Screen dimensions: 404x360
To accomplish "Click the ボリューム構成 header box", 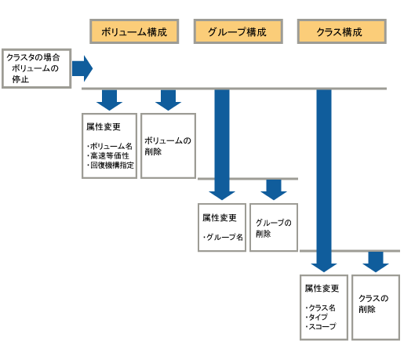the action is pyautogui.click(x=134, y=31).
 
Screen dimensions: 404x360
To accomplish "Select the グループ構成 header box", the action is pyautogui.click(x=238, y=31).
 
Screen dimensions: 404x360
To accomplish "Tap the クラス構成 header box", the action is pyautogui.click(x=342, y=31).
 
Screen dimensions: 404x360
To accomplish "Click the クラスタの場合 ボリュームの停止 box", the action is pyautogui.click(x=37, y=68).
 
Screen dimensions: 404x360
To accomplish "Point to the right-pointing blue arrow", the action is pyautogui.click(x=82, y=68).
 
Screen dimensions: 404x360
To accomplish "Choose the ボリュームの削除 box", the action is pyautogui.click(x=168, y=146).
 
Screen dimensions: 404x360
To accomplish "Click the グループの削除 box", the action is pyautogui.click(x=274, y=227).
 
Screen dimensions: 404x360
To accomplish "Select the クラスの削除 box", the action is pyautogui.click(x=376, y=307).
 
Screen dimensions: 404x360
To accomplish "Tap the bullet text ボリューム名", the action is pyautogui.click(x=111, y=146).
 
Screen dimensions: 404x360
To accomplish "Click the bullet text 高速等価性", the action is pyautogui.click(x=110, y=156).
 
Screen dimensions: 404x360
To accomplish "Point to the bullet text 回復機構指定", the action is pyautogui.click(x=112, y=165).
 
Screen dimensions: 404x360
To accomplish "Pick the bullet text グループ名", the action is pyautogui.click(x=224, y=237).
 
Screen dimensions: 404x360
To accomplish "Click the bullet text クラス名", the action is pyautogui.click(x=322, y=307).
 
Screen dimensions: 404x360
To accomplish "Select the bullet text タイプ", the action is pyautogui.click(x=318, y=317).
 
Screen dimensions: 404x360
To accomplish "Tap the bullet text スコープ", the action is pyautogui.click(x=322, y=326).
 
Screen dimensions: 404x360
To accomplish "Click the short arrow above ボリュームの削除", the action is pyautogui.click(x=168, y=100).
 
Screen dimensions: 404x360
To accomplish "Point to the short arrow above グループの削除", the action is pyautogui.click(x=274, y=190).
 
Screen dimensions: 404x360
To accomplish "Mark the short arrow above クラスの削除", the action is pyautogui.click(x=376, y=262).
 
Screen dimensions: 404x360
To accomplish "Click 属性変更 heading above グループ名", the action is pyautogui.click(x=220, y=217).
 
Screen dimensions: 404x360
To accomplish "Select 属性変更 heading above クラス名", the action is pyautogui.click(x=322, y=289).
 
